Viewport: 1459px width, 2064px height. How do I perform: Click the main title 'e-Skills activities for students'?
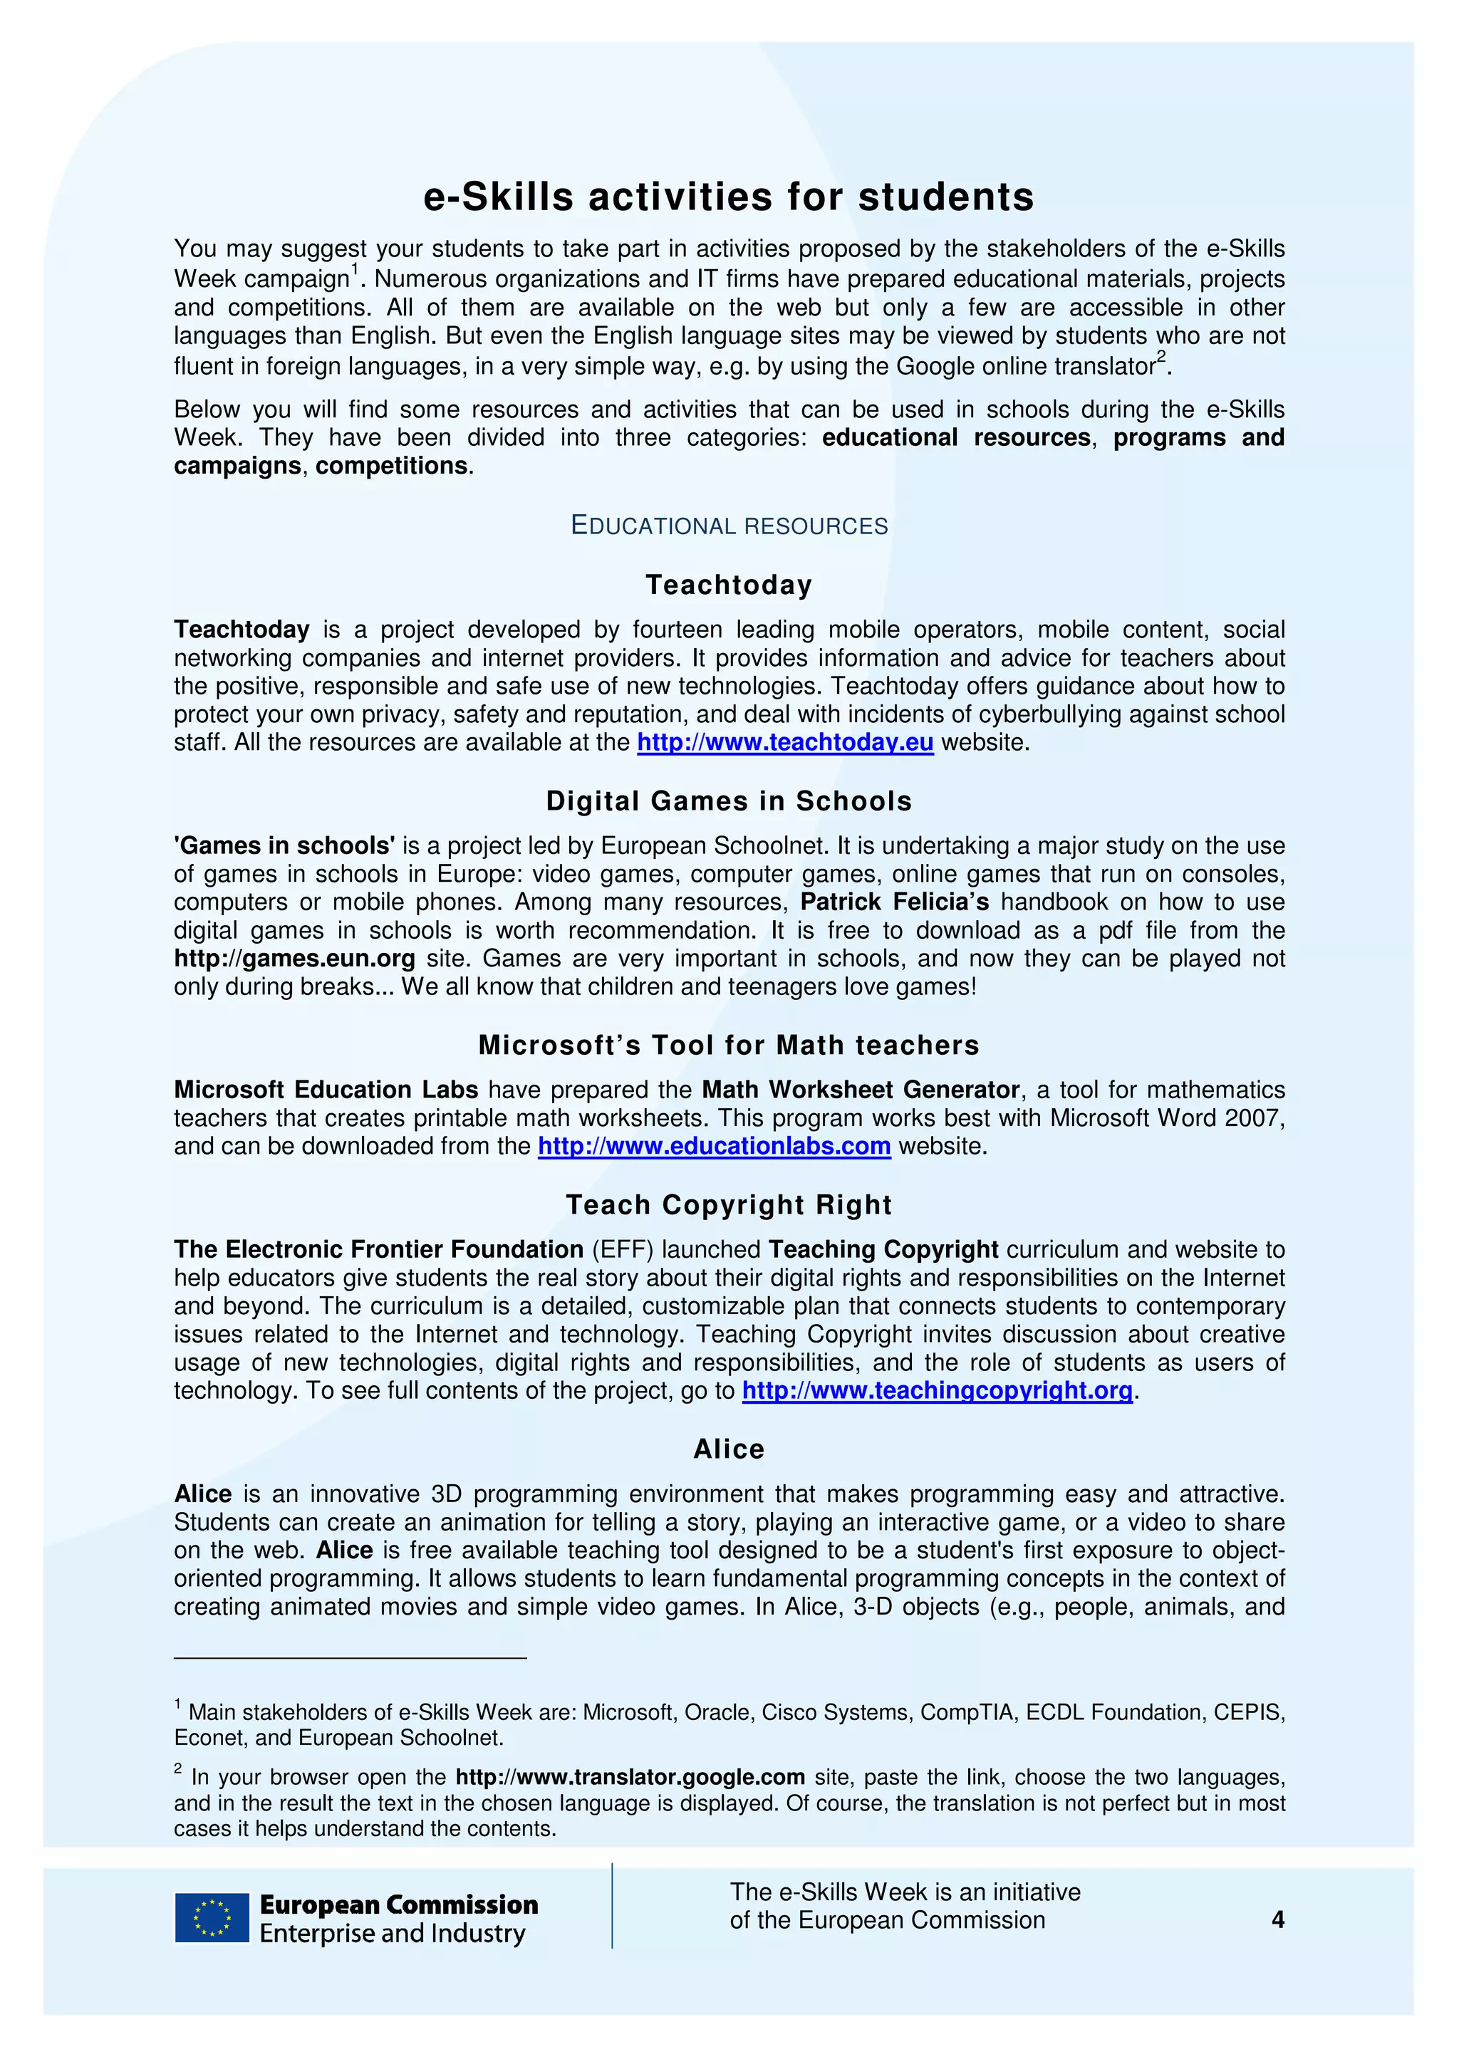(x=729, y=197)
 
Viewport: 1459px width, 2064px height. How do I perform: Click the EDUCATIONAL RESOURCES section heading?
(x=729, y=526)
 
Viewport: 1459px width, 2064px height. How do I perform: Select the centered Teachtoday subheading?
(x=729, y=585)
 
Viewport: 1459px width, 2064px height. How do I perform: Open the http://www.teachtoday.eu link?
(x=785, y=743)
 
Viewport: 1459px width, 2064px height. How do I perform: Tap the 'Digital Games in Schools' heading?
(x=729, y=801)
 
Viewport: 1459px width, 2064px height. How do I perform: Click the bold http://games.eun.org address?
(x=295, y=959)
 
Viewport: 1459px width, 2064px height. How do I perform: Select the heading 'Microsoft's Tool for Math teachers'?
(x=729, y=1045)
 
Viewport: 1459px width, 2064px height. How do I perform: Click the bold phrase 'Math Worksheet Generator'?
(x=861, y=1090)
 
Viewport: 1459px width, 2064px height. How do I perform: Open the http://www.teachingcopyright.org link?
(x=937, y=1391)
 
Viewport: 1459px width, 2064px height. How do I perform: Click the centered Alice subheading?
(x=729, y=1449)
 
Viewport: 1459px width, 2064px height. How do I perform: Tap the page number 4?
(x=1277, y=1920)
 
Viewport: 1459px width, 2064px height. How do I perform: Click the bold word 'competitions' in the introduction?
(x=391, y=466)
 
